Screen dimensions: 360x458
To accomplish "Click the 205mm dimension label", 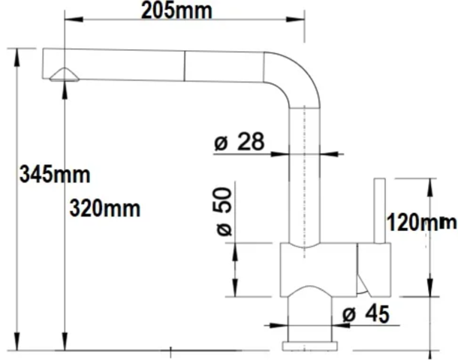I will (176, 10).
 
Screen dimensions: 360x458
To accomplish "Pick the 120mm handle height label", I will (420, 222).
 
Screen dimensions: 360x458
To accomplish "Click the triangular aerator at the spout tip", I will (62, 73).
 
